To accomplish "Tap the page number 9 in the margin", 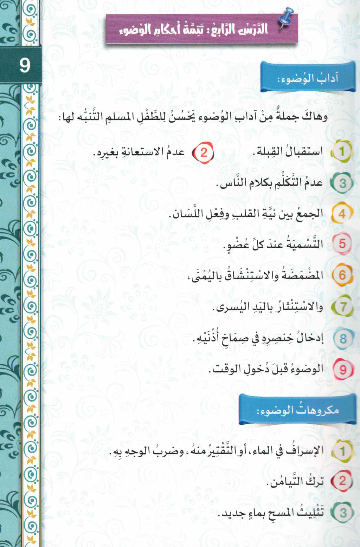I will coord(25,66).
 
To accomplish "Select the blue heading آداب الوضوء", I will coord(308,78).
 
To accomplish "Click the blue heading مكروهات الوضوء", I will coord(297,410).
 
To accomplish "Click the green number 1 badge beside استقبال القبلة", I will coord(341,152).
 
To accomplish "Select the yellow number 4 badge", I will coord(342,214).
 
